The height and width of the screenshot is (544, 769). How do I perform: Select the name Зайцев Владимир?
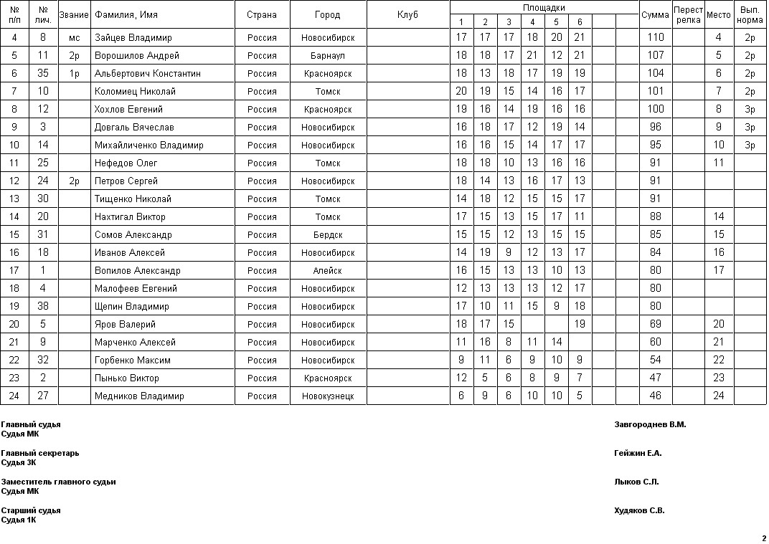point(133,37)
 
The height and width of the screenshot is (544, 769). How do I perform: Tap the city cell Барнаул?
point(328,55)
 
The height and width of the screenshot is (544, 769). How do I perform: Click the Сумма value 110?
point(655,37)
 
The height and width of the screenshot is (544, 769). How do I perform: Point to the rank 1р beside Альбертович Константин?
point(74,73)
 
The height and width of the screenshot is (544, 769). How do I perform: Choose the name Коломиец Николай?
point(135,91)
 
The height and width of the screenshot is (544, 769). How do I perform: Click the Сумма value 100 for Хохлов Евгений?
point(655,109)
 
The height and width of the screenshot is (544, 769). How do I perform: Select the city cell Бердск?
point(328,234)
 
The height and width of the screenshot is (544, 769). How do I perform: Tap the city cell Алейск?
point(328,270)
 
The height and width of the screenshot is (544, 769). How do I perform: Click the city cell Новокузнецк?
point(328,396)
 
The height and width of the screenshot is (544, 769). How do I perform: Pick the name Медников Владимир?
point(139,396)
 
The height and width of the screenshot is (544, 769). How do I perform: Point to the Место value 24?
point(719,396)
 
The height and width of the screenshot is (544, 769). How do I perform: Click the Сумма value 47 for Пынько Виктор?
point(655,378)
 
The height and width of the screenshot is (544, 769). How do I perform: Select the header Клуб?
point(407,15)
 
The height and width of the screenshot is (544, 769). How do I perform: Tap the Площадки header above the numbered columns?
point(544,8)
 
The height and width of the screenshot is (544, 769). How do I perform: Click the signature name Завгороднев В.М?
point(650,424)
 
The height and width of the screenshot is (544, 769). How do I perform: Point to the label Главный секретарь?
point(40,453)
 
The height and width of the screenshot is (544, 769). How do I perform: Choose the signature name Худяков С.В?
point(639,510)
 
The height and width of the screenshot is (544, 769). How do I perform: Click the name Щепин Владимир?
point(132,306)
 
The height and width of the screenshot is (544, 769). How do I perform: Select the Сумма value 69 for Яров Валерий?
point(655,324)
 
